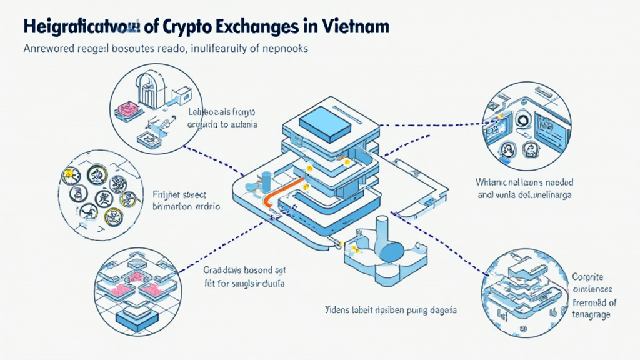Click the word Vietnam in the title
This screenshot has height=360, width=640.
352,28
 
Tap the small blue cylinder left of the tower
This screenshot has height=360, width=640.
266,179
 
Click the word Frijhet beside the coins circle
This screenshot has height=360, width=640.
166,195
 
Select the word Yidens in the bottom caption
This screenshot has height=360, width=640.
338,311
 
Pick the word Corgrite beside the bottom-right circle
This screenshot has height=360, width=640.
589,277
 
